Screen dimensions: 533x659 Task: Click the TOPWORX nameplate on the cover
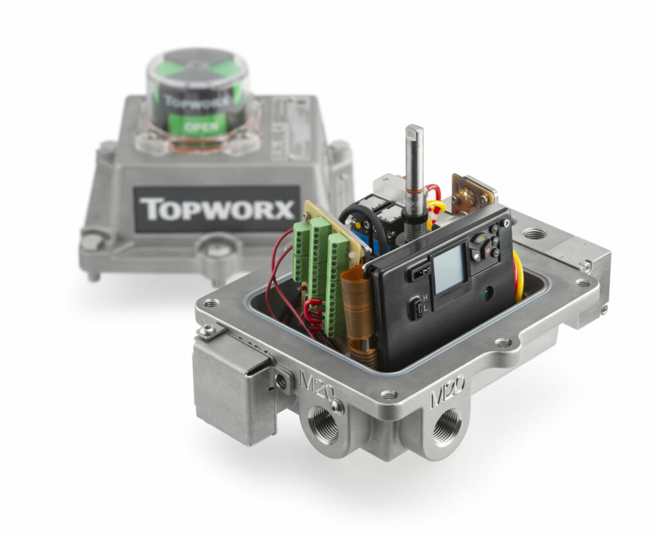(216, 209)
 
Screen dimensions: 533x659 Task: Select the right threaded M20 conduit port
(446, 427)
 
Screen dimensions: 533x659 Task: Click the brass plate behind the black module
(472, 194)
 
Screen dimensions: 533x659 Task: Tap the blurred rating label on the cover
(290, 129)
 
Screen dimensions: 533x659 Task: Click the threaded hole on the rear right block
(534, 234)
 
